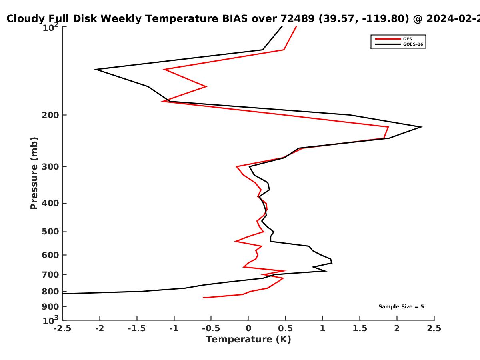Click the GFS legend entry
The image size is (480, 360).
[x=394, y=39]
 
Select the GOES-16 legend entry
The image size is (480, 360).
[x=399, y=44]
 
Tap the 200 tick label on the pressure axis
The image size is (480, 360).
[x=50, y=115]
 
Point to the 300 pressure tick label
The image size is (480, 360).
[x=50, y=167]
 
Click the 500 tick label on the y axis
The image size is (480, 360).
[x=50, y=232]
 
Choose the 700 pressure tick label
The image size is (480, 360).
[x=50, y=275]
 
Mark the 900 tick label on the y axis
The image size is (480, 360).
[x=50, y=307]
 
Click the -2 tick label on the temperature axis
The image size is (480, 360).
[x=100, y=328]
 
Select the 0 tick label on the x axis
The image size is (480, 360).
[x=248, y=328]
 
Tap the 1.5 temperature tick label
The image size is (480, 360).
[x=360, y=328]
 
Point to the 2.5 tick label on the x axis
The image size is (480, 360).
[x=434, y=328]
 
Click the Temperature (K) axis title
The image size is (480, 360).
[x=248, y=340]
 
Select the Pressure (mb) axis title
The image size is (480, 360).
[x=34, y=173]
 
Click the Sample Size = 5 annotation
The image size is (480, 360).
[x=401, y=307]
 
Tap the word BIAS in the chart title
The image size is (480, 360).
[x=235, y=19]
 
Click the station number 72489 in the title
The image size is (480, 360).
[x=298, y=19]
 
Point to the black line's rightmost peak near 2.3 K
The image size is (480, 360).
[x=421, y=127]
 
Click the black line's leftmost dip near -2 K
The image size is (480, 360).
[x=96, y=69]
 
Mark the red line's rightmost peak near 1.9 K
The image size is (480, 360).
[x=388, y=127]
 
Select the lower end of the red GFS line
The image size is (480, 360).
[x=203, y=298]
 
